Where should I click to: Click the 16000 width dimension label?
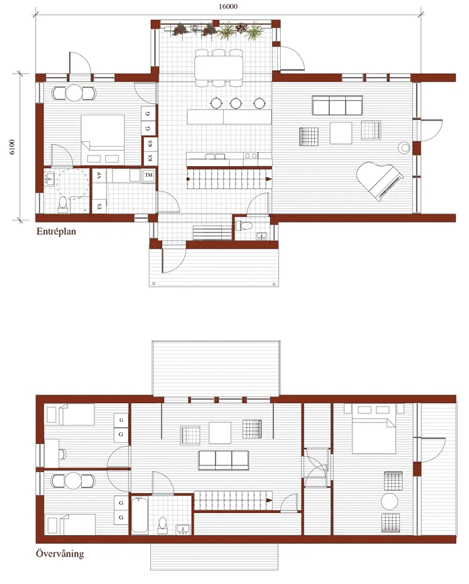pyautogui.click(x=228, y=6)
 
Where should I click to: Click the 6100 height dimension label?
pyautogui.click(x=12, y=147)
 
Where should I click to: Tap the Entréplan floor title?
pyautogui.click(x=56, y=231)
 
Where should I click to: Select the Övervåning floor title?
pyautogui.click(x=60, y=553)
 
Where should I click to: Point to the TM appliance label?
pyautogui.click(x=149, y=175)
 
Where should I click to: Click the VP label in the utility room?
pyautogui.click(x=99, y=175)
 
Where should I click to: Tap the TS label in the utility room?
pyautogui.click(x=99, y=206)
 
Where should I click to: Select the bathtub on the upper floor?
pyautogui.click(x=139, y=516)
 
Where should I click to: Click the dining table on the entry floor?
pyautogui.click(x=218, y=68)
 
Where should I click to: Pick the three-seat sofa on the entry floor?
pyautogui.click(x=337, y=105)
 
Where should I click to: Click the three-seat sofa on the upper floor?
pyautogui.click(x=224, y=460)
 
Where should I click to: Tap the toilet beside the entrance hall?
pyautogui.click(x=244, y=225)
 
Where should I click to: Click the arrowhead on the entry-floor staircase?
pyautogui.click(x=268, y=179)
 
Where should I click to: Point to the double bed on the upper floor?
pyautogui.click(x=374, y=432)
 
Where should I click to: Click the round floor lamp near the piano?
pyautogui.click(x=404, y=148)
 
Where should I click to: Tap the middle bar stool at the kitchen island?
pyautogui.click(x=236, y=102)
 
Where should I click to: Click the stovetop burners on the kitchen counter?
pyautogui.click(x=251, y=155)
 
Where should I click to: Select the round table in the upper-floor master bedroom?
pyautogui.click(x=390, y=502)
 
